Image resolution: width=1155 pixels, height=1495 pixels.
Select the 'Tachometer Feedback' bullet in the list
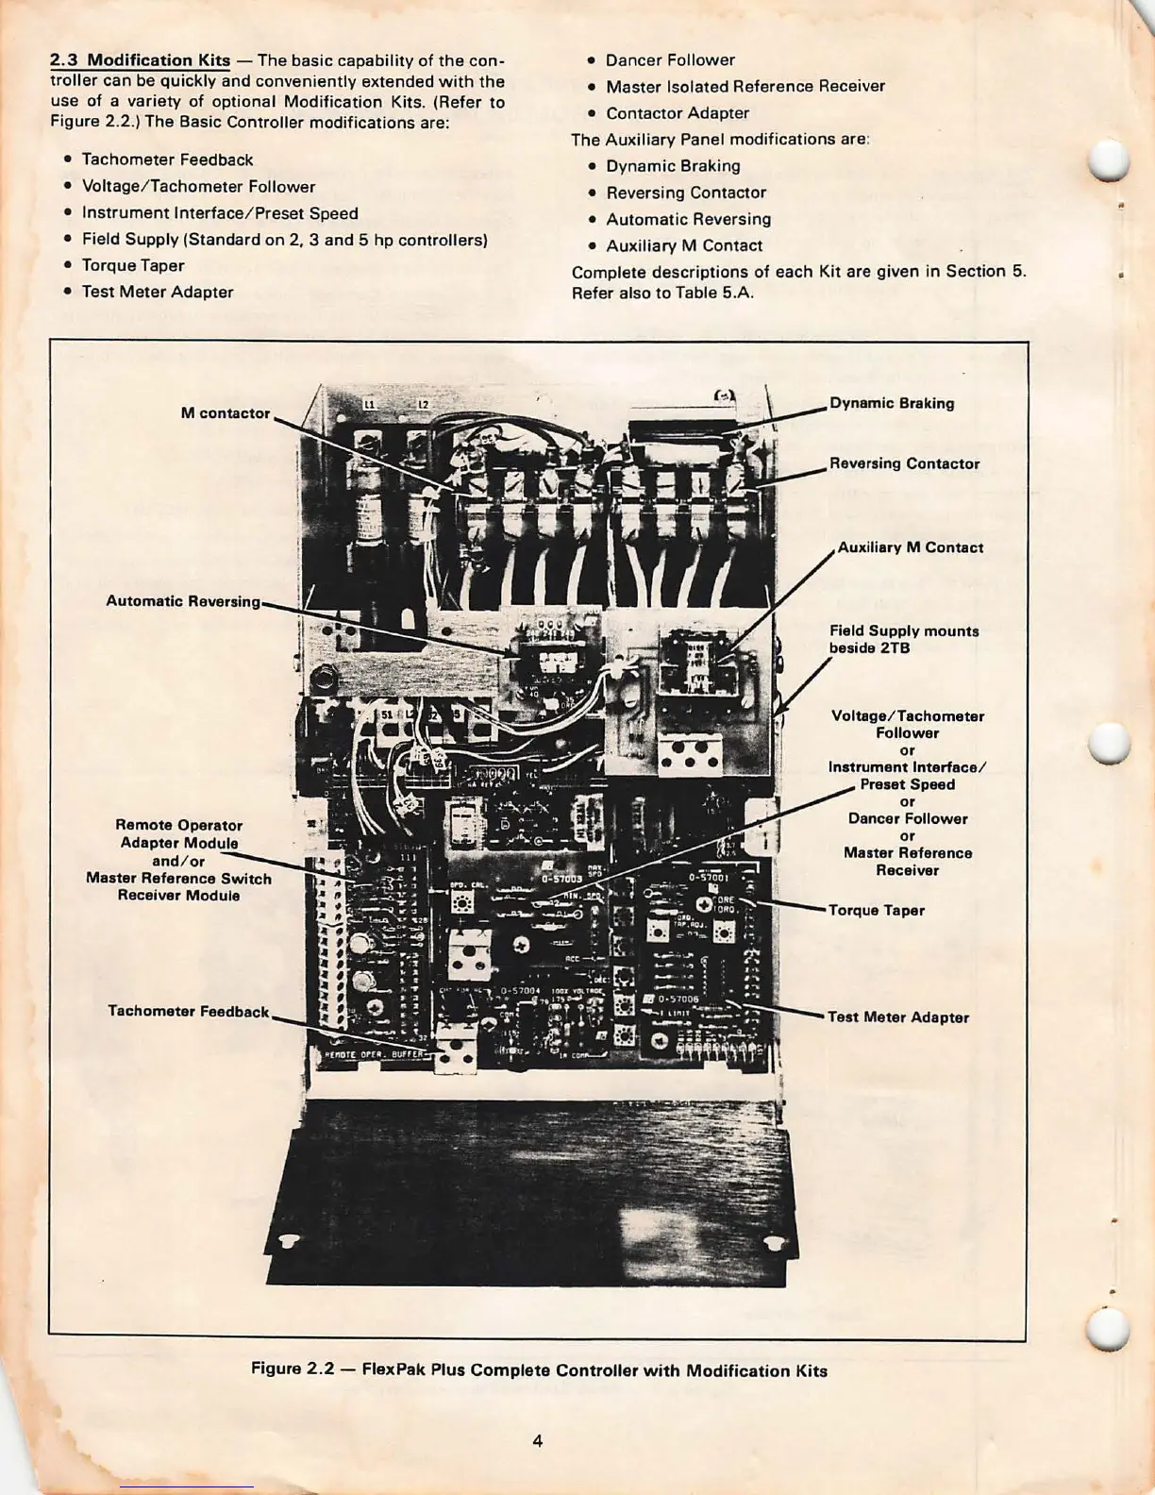click(x=167, y=160)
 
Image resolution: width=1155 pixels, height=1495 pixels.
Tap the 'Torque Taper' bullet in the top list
click(x=133, y=266)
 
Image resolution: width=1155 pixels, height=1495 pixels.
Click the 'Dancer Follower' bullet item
click(x=670, y=60)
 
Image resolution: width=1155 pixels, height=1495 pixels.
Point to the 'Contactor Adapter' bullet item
click(x=678, y=113)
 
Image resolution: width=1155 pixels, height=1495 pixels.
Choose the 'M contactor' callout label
click(x=226, y=413)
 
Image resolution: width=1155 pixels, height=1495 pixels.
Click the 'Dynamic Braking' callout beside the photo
click(x=892, y=403)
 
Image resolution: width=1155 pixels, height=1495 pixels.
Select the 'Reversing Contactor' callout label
click(x=904, y=463)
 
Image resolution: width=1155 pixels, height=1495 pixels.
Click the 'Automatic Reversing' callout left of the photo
click(x=183, y=601)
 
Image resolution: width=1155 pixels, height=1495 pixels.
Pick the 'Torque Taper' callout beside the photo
click(x=876, y=911)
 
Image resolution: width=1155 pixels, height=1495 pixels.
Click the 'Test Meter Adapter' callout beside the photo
click(x=897, y=1017)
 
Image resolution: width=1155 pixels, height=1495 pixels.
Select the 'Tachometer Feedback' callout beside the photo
click(x=189, y=1012)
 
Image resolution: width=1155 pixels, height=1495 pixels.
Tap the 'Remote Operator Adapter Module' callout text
click(x=178, y=834)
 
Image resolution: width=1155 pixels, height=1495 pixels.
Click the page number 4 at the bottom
click(x=537, y=1441)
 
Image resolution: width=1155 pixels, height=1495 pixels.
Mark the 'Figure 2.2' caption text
click(x=539, y=1370)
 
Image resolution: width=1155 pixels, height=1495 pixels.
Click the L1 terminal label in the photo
click(x=369, y=404)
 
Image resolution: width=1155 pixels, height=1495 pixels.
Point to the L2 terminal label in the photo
click(x=424, y=404)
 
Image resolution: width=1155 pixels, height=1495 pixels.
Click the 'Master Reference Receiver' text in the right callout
click(x=907, y=862)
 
